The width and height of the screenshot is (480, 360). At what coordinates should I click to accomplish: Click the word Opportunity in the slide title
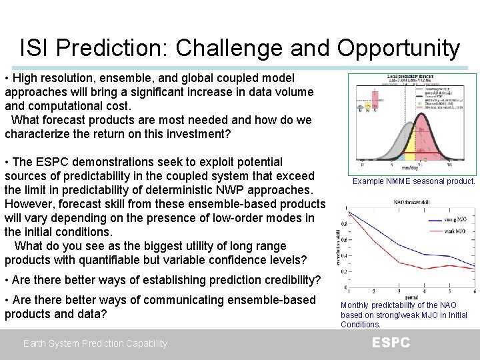(398, 48)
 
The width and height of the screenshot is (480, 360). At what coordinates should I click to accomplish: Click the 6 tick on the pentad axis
(474, 291)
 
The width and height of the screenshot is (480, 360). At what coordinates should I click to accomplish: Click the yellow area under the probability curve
(419, 144)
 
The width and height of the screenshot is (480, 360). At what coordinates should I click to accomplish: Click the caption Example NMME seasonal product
(414, 181)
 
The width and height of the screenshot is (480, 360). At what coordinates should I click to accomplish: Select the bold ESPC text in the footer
(391, 343)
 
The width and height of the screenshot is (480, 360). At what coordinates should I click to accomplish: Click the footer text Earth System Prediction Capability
(95, 343)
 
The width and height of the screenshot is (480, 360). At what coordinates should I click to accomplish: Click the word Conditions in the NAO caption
(361, 325)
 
